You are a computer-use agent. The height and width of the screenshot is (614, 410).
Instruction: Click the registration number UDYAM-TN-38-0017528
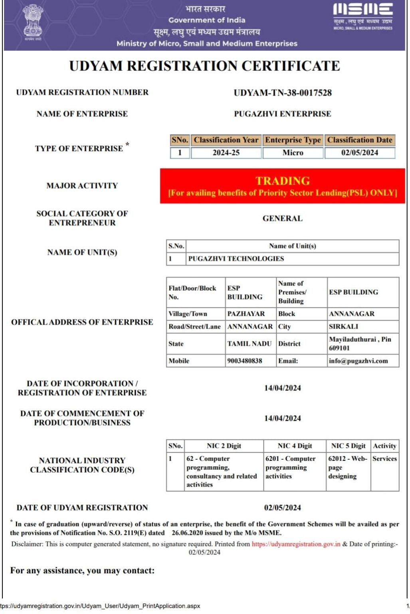tap(283, 93)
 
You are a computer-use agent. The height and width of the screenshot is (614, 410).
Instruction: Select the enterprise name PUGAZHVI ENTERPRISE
tap(283, 114)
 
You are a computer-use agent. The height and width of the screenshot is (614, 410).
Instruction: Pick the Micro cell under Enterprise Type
tap(293, 153)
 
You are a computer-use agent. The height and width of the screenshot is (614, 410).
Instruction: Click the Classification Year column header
tap(226, 140)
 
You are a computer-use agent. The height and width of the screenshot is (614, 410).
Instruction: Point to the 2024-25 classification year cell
tap(226, 153)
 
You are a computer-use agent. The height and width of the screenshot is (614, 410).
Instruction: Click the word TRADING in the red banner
tap(283, 181)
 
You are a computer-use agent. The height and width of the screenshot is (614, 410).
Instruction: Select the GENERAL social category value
tap(283, 218)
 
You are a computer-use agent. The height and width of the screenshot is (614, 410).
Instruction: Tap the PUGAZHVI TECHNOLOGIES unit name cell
tap(236, 259)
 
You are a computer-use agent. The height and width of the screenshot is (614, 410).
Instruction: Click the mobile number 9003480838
tap(245, 361)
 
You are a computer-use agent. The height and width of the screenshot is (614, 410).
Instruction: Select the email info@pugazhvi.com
tap(358, 361)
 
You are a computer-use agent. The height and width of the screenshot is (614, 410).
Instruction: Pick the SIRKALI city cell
tap(343, 327)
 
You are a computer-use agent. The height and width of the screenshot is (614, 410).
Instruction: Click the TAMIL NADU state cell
tap(249, 343)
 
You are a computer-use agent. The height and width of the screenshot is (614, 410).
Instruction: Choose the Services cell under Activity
tap(384, 459)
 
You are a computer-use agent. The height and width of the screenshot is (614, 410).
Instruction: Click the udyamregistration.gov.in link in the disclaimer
tap(296, 544)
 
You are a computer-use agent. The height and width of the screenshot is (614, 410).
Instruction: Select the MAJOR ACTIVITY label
tap(82, 185)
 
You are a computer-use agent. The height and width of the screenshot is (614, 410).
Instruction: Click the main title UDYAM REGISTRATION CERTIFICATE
tap(204, 66)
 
